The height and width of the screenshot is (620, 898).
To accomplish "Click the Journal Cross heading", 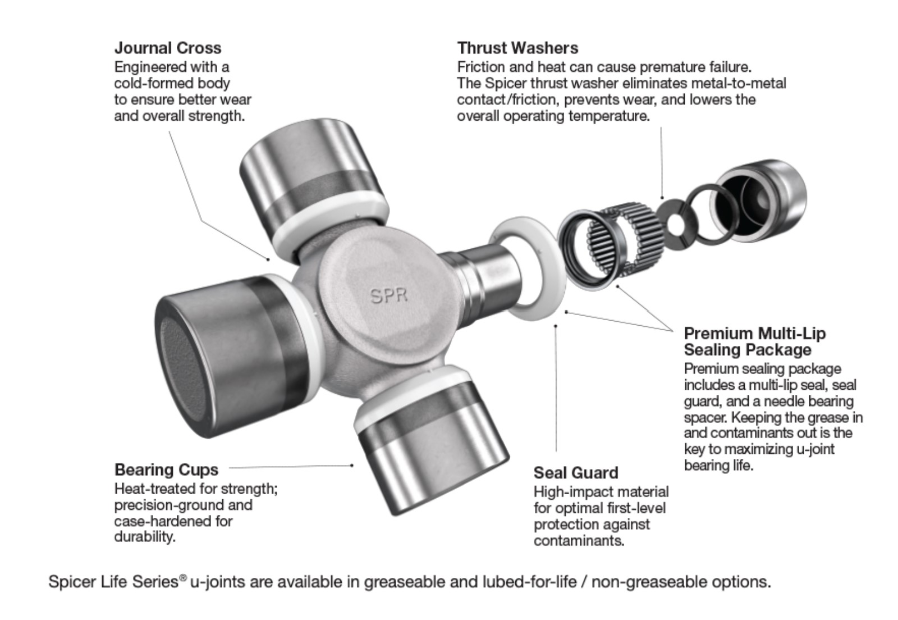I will [x=167, y=48].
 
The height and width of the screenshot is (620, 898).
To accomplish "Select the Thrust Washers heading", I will [x=517, y=48].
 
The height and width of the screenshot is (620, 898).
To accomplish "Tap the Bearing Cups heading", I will [x=166, y=469].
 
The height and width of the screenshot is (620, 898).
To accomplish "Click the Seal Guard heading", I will [x=575, y=473].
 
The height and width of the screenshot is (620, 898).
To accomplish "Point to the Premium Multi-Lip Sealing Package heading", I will [x=754, y=341].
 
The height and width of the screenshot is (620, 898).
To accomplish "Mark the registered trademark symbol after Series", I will [x=183, y=577].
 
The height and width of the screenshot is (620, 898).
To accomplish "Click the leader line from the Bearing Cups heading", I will [x=292, y=466].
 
